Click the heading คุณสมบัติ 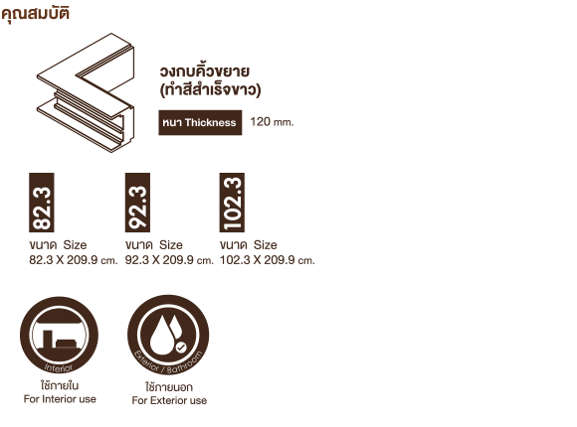36,14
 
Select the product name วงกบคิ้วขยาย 205,71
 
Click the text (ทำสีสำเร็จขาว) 210,90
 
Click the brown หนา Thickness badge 200,123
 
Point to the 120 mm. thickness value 272,122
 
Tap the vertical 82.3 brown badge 42,203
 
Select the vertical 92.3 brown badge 137,203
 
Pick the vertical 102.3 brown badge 232,203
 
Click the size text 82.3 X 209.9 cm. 74,260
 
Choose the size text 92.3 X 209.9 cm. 169,260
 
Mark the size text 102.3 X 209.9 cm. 268,260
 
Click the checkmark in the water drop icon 180,348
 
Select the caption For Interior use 60,399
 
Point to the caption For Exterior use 169,400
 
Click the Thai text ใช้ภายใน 60,385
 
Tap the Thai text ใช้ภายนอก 169,386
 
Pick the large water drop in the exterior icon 161,338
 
